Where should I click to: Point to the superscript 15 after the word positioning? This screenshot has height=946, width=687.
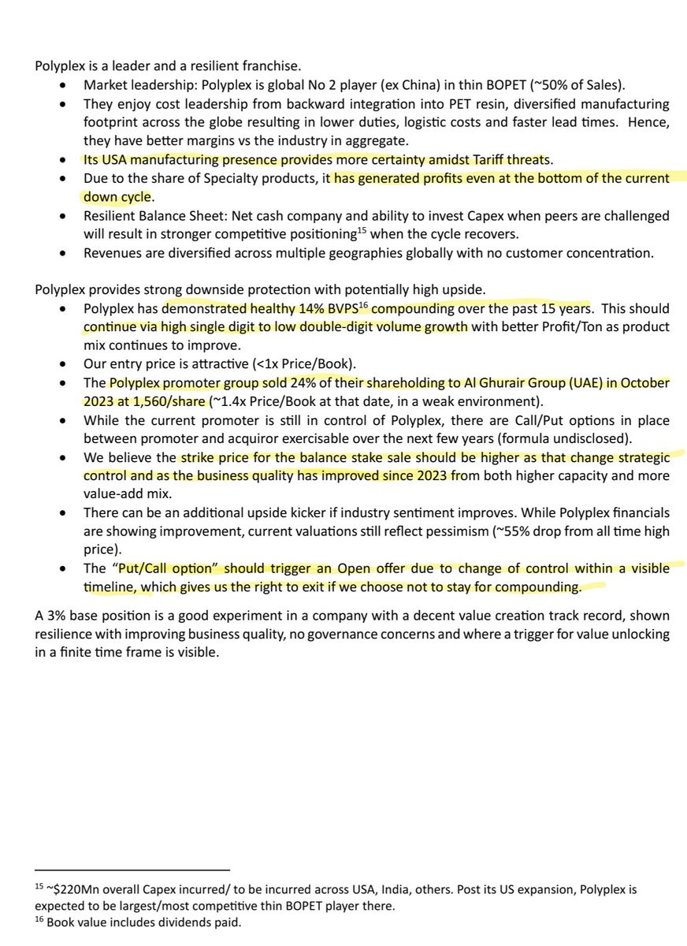click(x=363, y=231)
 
